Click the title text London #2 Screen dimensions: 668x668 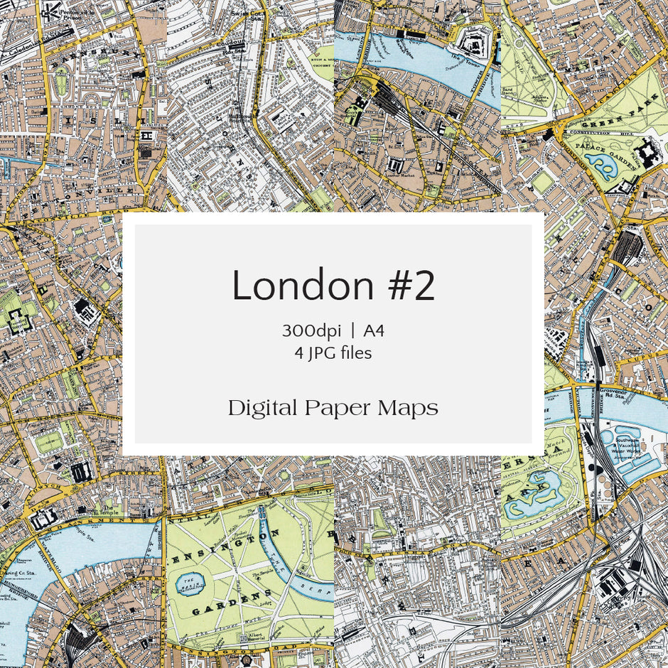click(333, 286)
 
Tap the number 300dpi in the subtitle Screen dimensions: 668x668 click(311, 331)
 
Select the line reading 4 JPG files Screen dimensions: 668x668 click(333, 352)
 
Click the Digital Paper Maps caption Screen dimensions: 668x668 click(333, 408)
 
